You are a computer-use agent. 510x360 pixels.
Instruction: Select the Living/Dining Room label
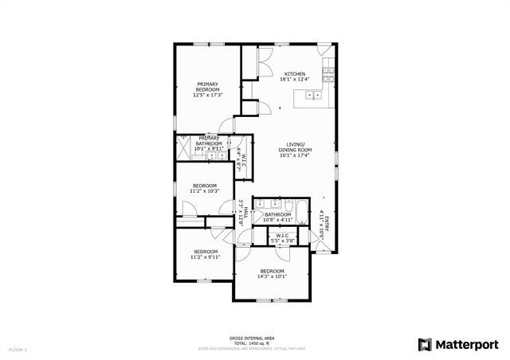point(295,152)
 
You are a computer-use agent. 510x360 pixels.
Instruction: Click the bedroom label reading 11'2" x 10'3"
point(204,189)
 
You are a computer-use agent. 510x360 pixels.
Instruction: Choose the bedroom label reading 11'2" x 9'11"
point(204,254)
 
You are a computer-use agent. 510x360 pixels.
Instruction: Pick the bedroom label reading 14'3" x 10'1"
point(273,274)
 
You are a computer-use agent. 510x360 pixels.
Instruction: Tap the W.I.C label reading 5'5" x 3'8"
point(282,237)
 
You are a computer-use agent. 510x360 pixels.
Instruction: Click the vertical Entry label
point(324,224)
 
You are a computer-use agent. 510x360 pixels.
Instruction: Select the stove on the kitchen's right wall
point(328,76)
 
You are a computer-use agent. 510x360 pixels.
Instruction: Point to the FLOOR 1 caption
point(18,350)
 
